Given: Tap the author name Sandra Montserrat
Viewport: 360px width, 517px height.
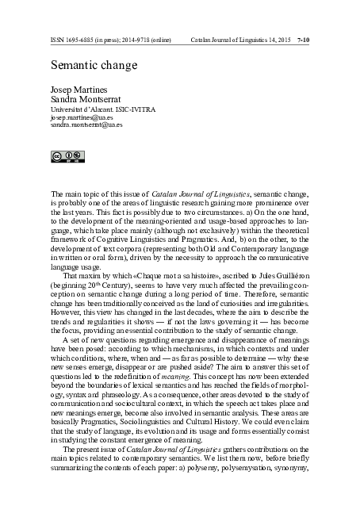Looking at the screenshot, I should (x=82, y=99).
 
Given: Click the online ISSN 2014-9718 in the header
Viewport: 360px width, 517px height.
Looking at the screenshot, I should (x=144, y=37).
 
